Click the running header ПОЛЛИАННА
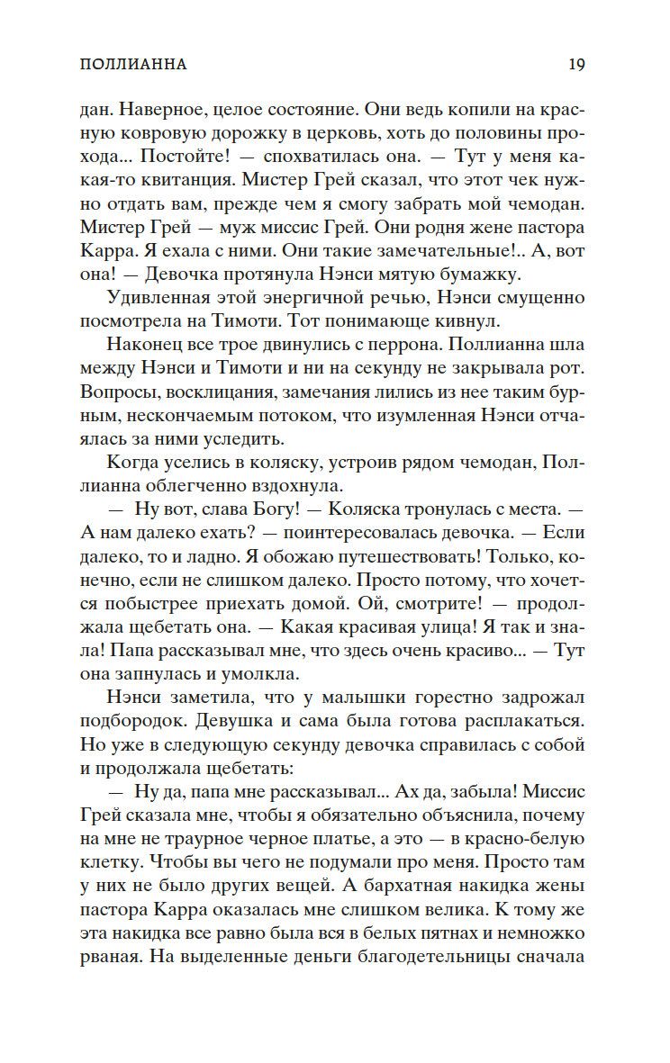(x=132, y=65)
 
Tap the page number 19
(x=576, y=65)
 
